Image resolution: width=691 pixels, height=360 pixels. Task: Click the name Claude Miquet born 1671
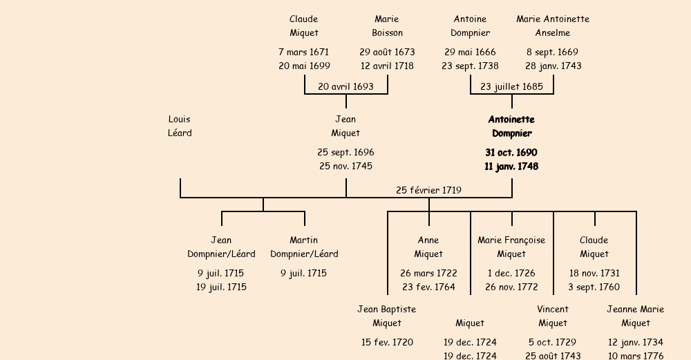(x=304, y=26)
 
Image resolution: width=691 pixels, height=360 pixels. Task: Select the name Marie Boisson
(x=387, y=26)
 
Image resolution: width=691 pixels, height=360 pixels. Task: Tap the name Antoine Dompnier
(x=470, y=26)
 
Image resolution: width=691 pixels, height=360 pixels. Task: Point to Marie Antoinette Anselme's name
(x=553, y=26)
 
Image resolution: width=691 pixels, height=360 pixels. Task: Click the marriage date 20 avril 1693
(x=345, y=86)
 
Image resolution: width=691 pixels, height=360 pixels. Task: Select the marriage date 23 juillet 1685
(x=511, y=86)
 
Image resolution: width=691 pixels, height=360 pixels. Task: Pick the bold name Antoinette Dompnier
(x=511, y=126)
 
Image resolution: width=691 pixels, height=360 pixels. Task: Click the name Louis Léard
(x=180, y=126)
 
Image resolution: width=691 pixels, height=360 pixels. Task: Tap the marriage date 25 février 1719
(x=428, y=190)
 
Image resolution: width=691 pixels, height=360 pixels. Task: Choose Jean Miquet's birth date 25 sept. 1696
(x=345, y=152)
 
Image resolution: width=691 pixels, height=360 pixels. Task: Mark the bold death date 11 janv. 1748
(x=511, y=167)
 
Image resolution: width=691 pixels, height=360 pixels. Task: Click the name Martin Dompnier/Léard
(x=304, y=247)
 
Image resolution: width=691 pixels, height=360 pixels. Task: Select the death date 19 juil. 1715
(x=221, y=287)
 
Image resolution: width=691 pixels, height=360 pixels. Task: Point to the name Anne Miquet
(x=428, y=247)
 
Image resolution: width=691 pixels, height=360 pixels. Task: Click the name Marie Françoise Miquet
(x=511, y=247)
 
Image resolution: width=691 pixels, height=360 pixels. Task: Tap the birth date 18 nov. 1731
(x=594, y=273)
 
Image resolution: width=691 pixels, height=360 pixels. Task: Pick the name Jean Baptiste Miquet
(x=387, y=316)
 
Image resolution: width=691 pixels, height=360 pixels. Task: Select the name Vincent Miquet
(x=553, y=316)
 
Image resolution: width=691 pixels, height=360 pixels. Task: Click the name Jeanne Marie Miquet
(x=636, y=316)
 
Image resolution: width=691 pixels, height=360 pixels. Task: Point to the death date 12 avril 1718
(x=387, y=66)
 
